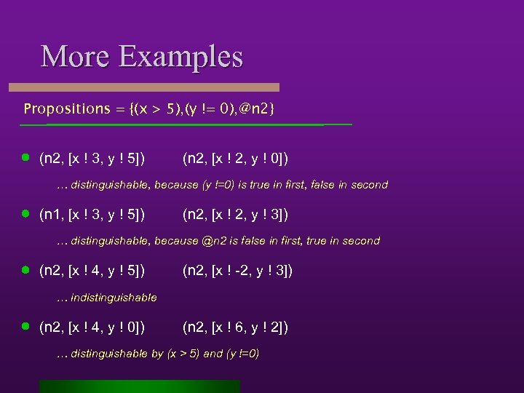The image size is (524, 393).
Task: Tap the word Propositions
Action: pyautogui.click(x=66, y=108)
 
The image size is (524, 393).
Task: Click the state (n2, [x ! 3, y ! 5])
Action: pyautogui.click(x=92, y=158)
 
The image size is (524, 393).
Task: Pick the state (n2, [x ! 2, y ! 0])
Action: pyautogui.click(x=236, y=158)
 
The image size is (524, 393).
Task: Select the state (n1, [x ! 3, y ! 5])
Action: pyautogui.click(x=92, y=214)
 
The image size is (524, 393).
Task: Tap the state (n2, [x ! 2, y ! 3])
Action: pyautogui.click(x=236, y=214)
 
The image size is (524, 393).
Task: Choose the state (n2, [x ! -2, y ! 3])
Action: pyautogui.click(x=238, y=271)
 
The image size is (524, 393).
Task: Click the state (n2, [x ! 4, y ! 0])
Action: pyautogui.click(x=92, y=327)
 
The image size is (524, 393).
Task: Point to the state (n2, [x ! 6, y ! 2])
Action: pyautogui.click(x=236, y=327)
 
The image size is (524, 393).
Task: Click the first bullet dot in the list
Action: pyautogui.click(x=25, y=157)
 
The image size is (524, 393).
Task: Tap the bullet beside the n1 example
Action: pyautogui.click(x=25, y=213)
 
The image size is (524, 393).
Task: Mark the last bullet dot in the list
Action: pyautogui.click(x=25, y=327)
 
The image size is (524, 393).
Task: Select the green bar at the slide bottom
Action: pyautogui.click(x=139, y=386)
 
